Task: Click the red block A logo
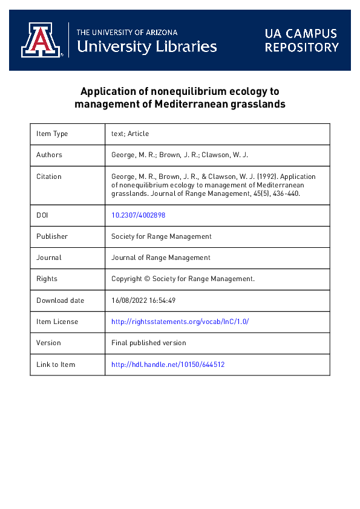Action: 42,40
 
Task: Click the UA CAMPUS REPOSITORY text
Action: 301,41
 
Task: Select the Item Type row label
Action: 52,134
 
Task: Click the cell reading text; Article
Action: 130,134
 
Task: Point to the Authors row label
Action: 49,155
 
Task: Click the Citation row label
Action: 49,177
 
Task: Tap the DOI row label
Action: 42,215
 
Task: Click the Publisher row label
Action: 52,236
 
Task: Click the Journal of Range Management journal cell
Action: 161,258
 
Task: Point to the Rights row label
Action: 47,279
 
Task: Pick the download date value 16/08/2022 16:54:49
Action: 143,300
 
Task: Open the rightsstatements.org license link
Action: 180,322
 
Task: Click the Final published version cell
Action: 149,343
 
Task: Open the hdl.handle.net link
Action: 168,365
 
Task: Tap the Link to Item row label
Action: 56,365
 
